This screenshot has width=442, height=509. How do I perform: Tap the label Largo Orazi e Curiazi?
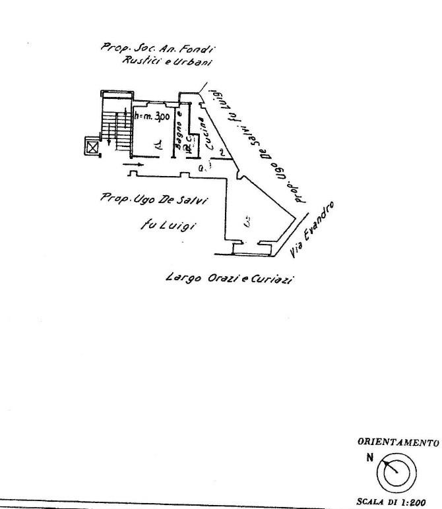click(x=229, y=278)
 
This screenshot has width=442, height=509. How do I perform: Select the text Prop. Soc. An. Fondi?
click(x=158, y=47)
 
